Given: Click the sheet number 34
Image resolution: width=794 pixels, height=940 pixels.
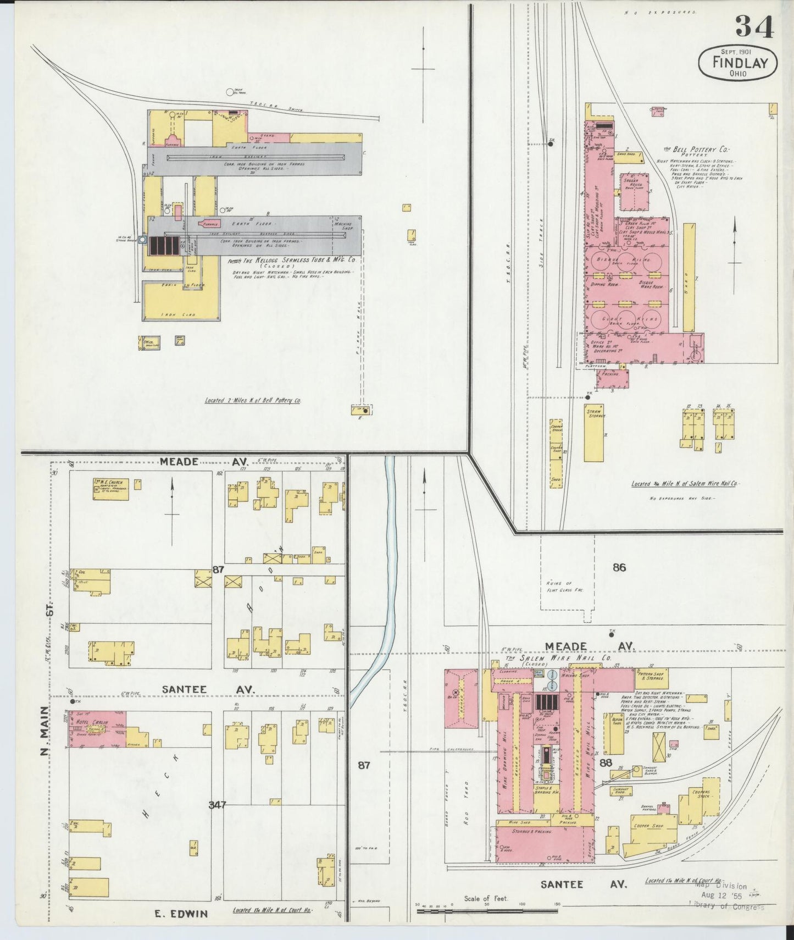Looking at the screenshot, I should [x=754, y=27].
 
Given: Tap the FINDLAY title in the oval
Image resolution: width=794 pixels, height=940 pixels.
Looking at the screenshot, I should [x=739, y=62].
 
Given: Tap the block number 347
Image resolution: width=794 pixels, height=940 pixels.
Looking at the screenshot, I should [x=217, y=805].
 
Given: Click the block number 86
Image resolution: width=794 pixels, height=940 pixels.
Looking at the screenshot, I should [x=619, y=567].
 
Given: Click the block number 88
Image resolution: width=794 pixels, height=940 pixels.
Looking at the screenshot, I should [x=606, y=762].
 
